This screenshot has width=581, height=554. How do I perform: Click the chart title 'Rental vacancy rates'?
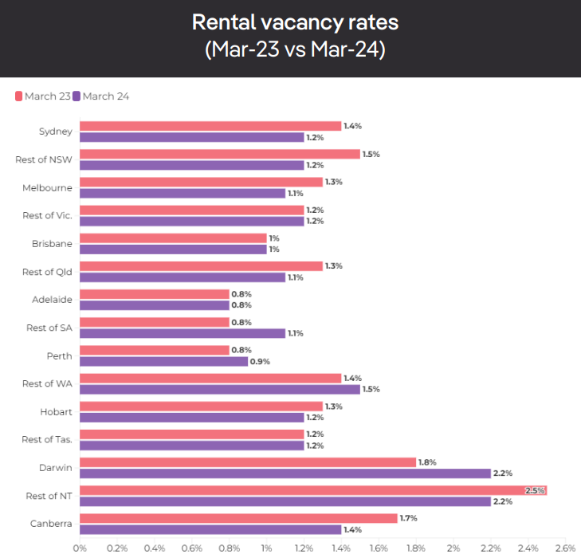coord(295,22)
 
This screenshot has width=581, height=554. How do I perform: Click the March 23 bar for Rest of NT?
coord(312,490)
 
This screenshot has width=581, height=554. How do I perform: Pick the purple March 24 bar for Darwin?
coord(285,473)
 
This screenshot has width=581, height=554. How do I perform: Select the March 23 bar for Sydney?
coord(210,126)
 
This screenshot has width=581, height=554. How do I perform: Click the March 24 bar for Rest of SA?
coord(182,333)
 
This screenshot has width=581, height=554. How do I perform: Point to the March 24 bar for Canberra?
coord(210,529)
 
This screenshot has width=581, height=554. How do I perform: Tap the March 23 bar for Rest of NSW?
coord(219,154)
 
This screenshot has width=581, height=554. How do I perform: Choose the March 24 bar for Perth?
coord(163,361)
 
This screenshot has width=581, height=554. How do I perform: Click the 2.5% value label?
coord(535,490)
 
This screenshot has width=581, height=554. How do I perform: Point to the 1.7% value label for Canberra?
coord(409,518)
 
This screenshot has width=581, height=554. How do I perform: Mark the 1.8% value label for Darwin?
coord(427,462)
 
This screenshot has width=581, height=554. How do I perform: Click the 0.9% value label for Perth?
coord(260,361)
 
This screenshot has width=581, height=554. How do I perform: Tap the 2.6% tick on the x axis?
coord(564,548)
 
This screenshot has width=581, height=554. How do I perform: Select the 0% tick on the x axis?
coord(80,548)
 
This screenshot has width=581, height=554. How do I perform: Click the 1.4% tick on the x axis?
coord(341,548)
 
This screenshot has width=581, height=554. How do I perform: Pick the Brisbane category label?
coord(52,244)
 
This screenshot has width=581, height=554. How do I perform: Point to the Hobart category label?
coord(56,411)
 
